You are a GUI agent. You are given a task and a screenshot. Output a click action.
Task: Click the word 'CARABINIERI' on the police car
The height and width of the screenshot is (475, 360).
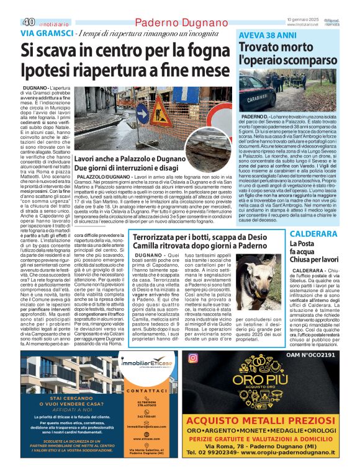(x=251, y=98)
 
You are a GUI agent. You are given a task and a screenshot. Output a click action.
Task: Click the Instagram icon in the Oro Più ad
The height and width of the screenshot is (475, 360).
(x=192, y=357)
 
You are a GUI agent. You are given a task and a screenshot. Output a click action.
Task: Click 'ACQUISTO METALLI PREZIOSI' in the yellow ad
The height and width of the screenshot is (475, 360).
(x=269, y=420)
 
